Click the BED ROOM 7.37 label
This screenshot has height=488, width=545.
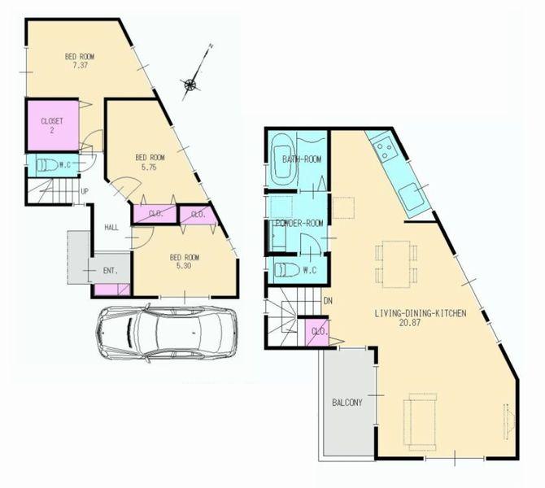coord(81,62)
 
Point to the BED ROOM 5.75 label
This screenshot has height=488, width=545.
coord(150,162)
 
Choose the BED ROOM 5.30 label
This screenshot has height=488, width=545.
coord(185,263)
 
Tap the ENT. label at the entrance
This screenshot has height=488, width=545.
coord(110,270)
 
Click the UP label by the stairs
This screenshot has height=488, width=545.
coord(85,191)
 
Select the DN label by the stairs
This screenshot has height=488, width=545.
coord(327,302)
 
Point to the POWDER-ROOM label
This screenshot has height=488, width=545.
coord(299,223)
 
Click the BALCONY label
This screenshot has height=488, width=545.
coord(347,403)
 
